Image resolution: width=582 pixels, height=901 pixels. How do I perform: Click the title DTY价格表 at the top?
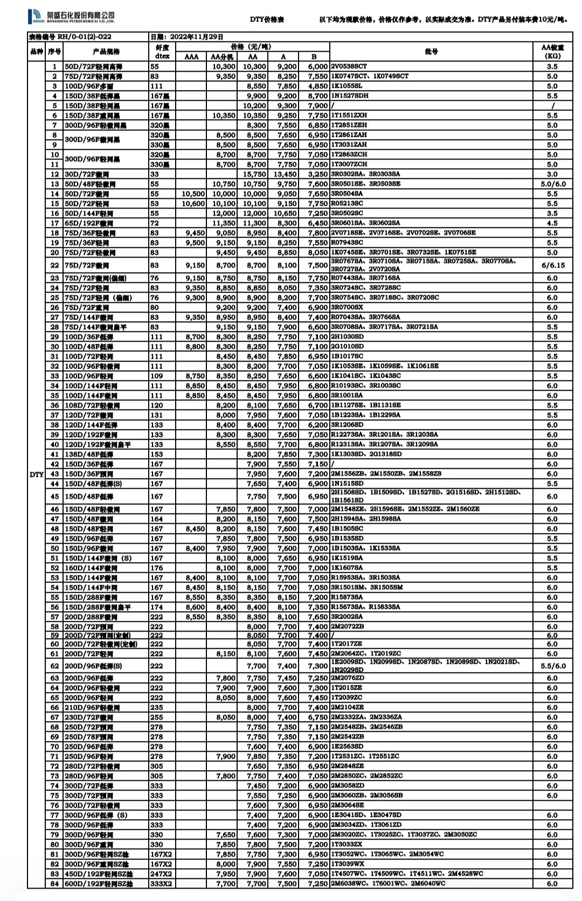[267, 19]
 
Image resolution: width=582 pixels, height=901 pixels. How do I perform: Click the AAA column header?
[191, 57]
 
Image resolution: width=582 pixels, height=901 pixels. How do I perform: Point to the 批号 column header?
[431, 52]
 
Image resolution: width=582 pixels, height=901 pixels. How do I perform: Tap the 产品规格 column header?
[106, 52]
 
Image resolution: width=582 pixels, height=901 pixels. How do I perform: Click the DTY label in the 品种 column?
[37, 474]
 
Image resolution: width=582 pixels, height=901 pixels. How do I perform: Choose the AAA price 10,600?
[193, 204]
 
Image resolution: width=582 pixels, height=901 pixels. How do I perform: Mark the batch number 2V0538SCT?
[349, 66]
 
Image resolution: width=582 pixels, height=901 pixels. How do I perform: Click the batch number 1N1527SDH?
[350, 95]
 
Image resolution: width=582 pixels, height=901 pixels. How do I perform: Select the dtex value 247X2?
[161, 874]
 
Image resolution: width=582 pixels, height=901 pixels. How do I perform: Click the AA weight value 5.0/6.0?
[552, 184]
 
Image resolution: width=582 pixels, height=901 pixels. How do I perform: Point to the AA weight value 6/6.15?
[552, 265]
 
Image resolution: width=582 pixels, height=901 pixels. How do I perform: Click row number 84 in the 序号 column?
[54, 883]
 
